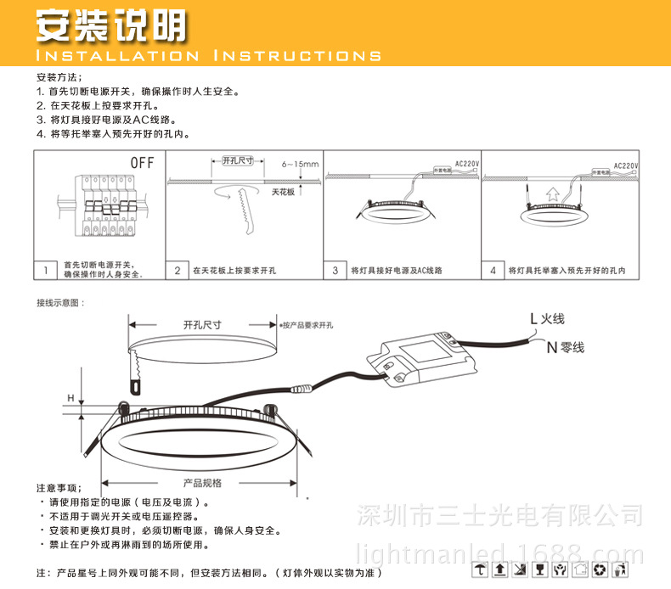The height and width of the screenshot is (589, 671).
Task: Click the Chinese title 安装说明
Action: click(x=110, y=25)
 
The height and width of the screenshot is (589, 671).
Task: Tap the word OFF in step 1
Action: click(x=142, y=162)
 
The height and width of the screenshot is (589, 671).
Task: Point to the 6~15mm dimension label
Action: click(x=299, y=164)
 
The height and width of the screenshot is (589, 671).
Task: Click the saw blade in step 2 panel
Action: click(x=245, y=208)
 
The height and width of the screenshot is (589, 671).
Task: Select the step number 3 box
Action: click(x=335, y=271)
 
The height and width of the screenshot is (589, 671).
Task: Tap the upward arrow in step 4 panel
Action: click(x=551, y=194)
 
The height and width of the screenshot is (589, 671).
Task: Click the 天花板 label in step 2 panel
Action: click(x=282, y=193)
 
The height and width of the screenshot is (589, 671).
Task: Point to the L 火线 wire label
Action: click(x=547, y=319)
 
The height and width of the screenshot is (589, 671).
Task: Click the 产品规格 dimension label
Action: click(x=202, y=482)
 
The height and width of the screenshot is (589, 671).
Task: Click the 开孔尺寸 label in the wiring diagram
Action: click(x=202, y=324)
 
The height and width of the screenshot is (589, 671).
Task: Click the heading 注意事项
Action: click(x=59, y=488)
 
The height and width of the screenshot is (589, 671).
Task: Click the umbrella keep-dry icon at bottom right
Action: click(x=482, y=569)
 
